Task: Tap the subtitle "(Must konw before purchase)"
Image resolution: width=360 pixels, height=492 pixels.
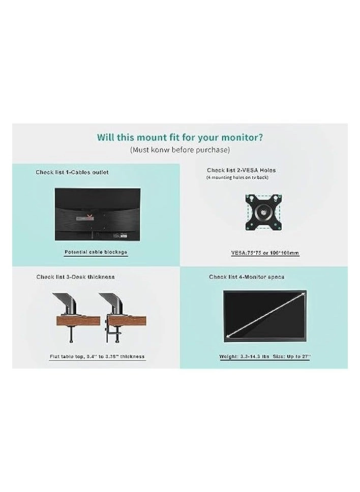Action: pos(180,150)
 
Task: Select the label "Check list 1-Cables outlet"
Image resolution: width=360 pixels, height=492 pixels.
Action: pos(72,172)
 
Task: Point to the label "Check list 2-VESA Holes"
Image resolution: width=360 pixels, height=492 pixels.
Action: pos(242,170)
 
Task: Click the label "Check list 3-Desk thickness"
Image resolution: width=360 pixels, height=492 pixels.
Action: pos(75,277)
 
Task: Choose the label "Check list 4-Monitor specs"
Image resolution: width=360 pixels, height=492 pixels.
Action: pos(247,277)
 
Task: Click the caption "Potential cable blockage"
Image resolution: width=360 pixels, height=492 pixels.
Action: pos(96,252)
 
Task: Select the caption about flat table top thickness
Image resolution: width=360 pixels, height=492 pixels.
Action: pos(97,357)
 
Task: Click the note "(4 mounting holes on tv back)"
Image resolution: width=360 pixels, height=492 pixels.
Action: pos(237,177)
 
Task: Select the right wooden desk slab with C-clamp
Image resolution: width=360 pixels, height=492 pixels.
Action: pos(127,321)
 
